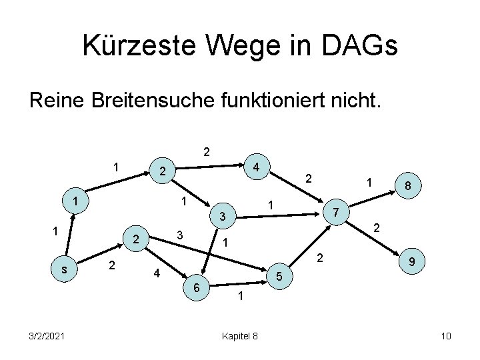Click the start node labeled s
(64, 269)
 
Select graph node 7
(337, 212)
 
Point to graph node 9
(414, 265)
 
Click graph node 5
(280, 277)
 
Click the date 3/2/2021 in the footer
(47, 336)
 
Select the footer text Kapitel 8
(240, 336)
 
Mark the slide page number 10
(446, 336)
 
